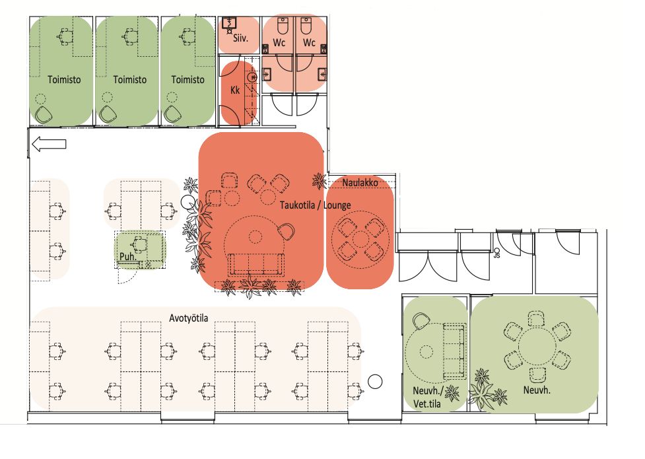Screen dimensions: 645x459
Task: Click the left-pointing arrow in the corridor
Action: click(x=49, y=144)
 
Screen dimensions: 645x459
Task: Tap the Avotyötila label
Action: click(x=188, y=318)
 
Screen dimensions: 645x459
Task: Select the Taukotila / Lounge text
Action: click(x=315, y=205)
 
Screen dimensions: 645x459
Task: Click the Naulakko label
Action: click(x=360, y=182)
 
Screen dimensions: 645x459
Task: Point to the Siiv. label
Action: click(x=241, y=38)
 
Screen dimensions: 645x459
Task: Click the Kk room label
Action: click(x=235, y=90)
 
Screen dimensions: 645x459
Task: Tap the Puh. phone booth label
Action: click(x=127, y=256)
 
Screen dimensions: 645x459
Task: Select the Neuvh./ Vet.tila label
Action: click(x=428, y=398)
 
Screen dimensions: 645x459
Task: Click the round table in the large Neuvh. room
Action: click(x=537, y=346)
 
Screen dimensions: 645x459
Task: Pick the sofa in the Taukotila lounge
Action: click(x=256, y=264)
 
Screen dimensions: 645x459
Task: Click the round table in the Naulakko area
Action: click(x=360, y=239)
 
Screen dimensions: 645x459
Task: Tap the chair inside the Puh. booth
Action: click(x=140, y=244)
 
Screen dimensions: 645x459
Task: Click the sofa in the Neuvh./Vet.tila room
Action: click(x=454, y=351)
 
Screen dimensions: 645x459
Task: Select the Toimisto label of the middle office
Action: click(x=129, y=79)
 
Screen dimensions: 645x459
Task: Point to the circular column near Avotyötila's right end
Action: click(x=375, y=382)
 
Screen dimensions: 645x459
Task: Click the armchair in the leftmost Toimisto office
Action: click(x=43, y=114)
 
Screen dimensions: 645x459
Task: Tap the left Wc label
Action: click(x=279, y=43)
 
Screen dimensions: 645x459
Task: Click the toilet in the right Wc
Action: click(x=306, y=26)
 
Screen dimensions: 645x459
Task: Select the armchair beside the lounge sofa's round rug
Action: click(x=286, y=231)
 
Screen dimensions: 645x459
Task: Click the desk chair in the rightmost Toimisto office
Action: click(x=187, y=36)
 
